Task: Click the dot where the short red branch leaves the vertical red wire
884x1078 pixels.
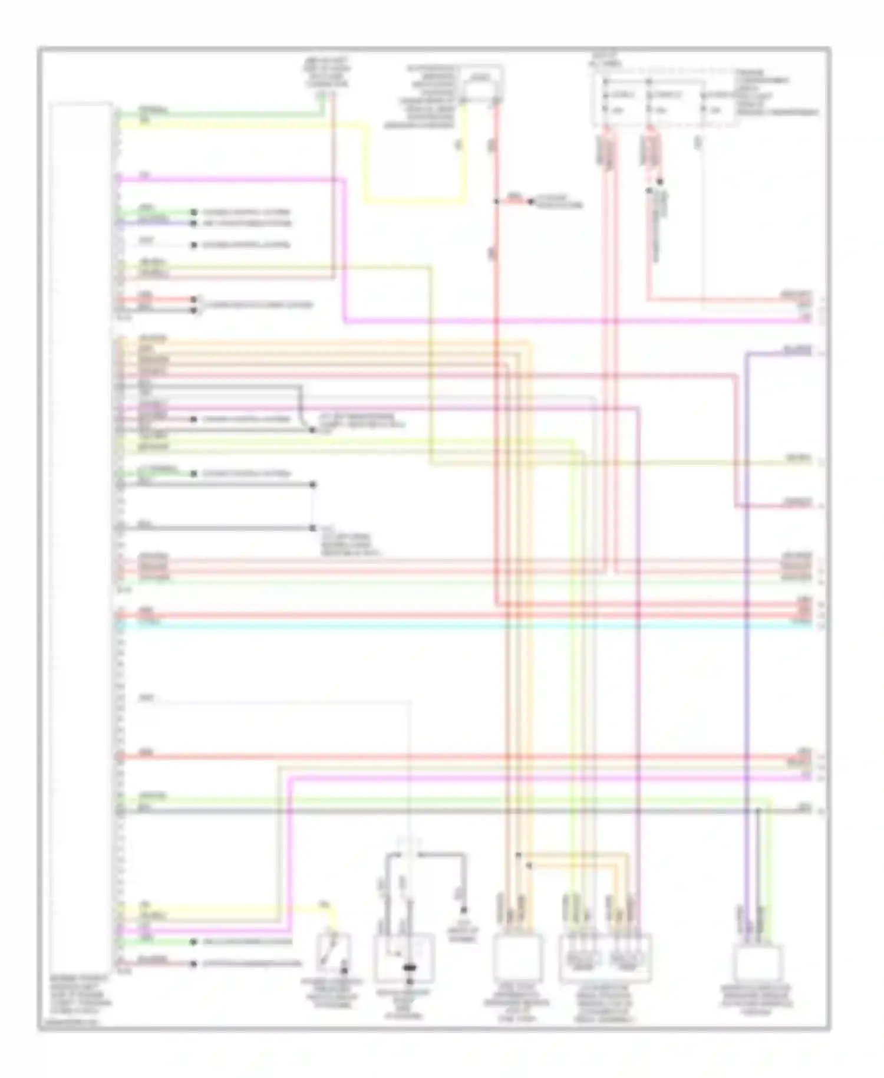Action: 496,202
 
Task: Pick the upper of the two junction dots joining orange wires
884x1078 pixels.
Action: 518,854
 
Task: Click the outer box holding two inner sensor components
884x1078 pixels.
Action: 605,958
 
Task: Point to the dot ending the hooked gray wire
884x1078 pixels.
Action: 313,430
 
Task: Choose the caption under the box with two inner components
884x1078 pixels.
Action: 605,1003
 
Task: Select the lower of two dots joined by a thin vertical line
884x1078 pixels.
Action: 313,528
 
